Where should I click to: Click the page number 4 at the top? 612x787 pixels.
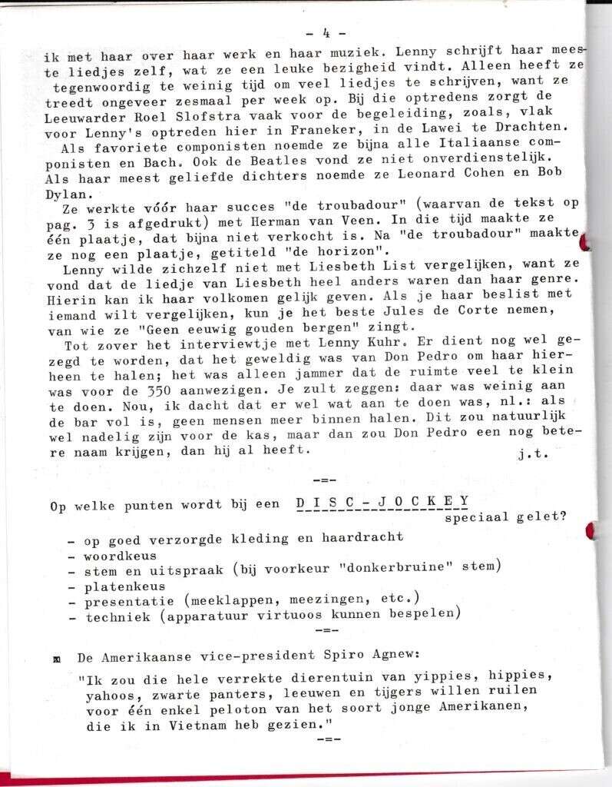(x=326, y=33)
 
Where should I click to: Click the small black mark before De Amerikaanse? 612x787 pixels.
(x=56, y=659)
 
